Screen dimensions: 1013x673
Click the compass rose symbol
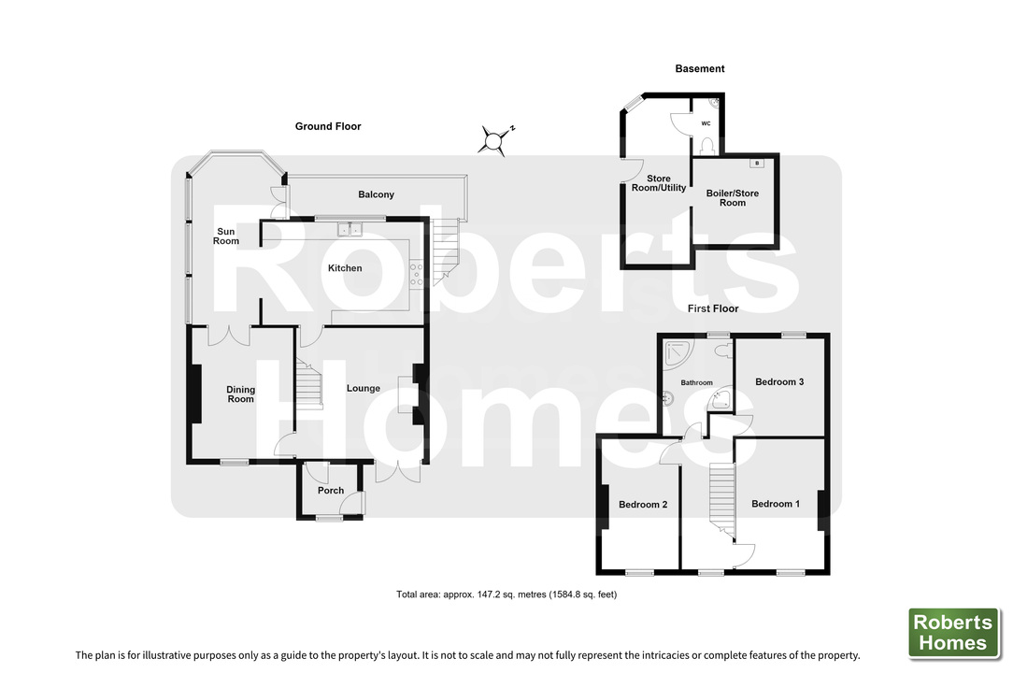pos(496,139)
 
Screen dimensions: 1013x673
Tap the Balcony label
pos(376,194)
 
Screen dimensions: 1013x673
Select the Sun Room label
pos(226,236)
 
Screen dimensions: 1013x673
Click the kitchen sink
pos(350,229)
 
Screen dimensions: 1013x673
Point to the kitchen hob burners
pos(416,274)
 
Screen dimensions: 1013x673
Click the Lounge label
pos(364,389)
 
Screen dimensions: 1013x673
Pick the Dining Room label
pos(240,394)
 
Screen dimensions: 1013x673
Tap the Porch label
pos(331,491)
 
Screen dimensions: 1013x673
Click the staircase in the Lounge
pos(308,384)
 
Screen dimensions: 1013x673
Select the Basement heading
pos(700,68)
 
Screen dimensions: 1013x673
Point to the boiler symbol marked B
pos(757,163)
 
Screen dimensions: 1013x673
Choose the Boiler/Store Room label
pos(733,198)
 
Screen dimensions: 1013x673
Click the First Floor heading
pos(713,309)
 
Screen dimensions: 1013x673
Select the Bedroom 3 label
pos(779,382)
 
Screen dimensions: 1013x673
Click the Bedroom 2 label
pos(643,505)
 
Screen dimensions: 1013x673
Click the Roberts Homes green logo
pos(953,633)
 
